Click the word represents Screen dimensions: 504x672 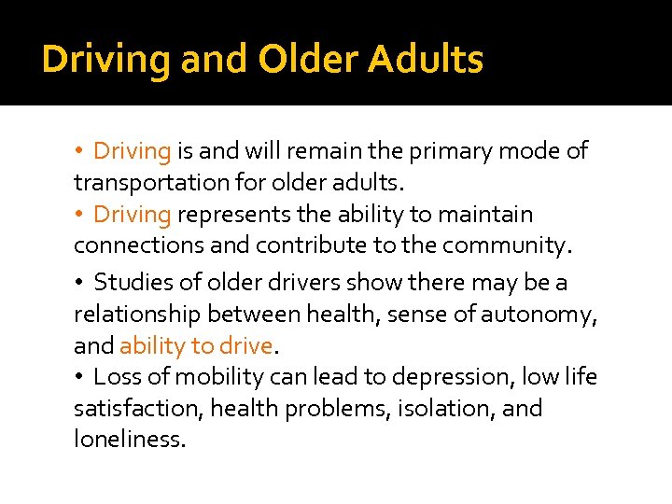(233, 215)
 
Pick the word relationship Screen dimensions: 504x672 (137, 315)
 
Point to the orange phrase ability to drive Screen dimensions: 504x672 (196, 346)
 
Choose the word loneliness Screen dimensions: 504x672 (130, 439)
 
